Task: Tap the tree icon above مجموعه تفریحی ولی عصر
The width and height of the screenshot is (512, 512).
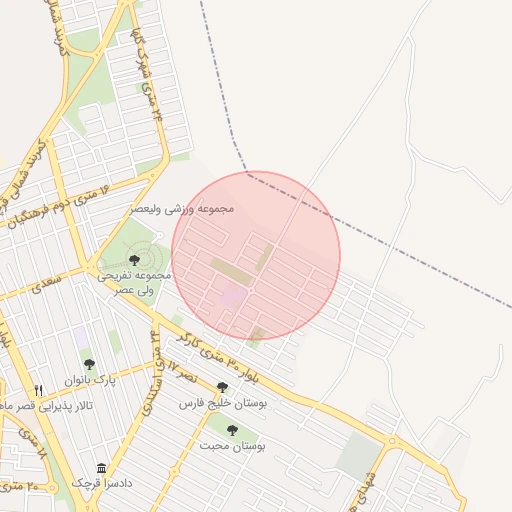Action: point(134,260)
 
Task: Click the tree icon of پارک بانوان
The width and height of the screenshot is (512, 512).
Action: point(89,365)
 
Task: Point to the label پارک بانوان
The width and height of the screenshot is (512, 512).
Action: point(91,381)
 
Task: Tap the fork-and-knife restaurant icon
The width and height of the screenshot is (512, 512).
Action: point(39,390)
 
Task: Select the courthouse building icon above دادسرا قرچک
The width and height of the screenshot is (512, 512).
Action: point(101,468)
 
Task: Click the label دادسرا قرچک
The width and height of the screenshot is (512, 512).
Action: point(101,483)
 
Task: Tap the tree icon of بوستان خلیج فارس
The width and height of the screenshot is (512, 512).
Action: point(222,387)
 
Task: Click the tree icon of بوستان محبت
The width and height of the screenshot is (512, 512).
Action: point(232,430)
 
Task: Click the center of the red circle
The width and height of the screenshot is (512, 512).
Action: point(256,255)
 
